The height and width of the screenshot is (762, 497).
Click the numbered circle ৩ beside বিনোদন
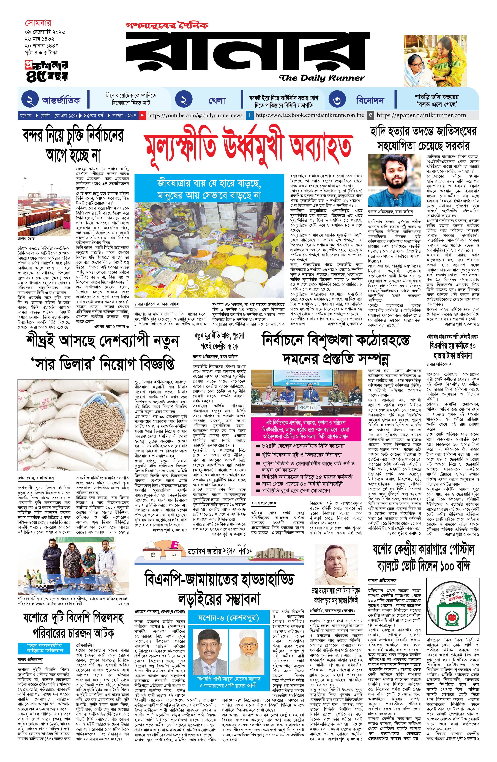[337, 101]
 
